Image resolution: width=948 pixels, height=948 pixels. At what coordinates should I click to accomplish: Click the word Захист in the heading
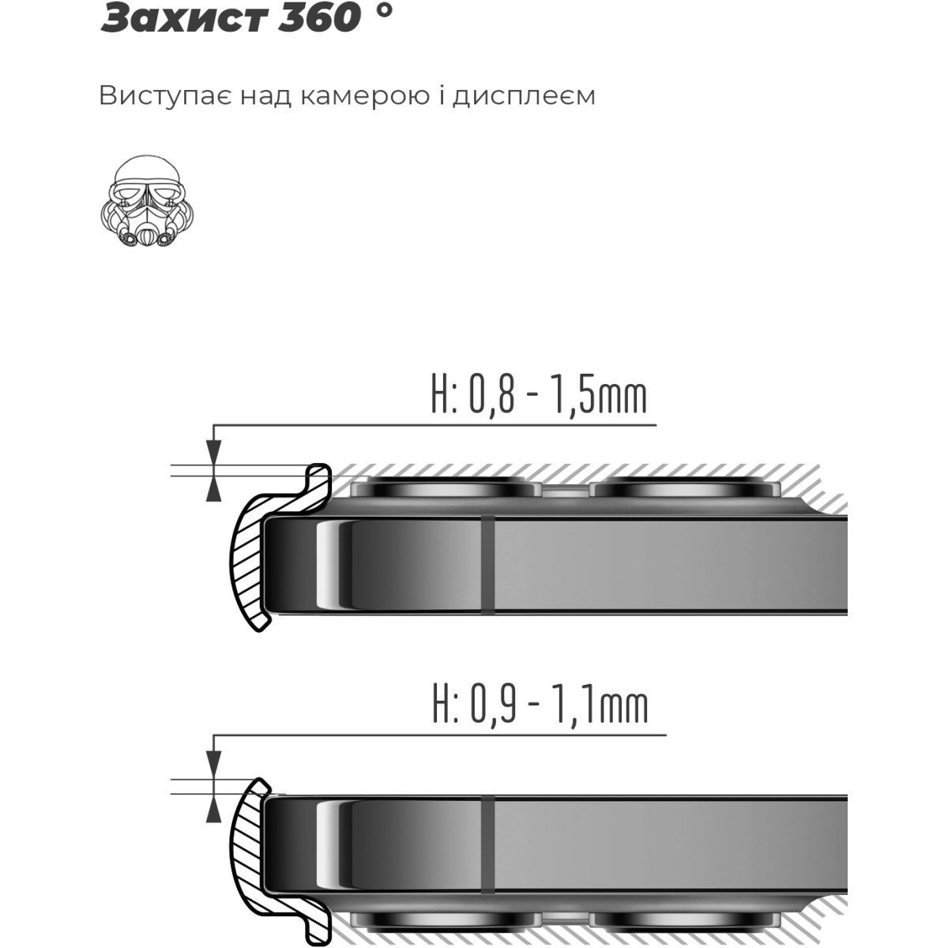click(x=184, y=17)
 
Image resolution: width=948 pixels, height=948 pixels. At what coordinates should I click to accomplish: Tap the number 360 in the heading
click(x=318, y=17)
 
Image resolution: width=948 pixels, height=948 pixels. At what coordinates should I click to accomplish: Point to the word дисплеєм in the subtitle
click(x=524, y=96)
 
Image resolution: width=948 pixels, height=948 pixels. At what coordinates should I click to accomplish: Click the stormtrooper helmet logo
click(x=147, y=201)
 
